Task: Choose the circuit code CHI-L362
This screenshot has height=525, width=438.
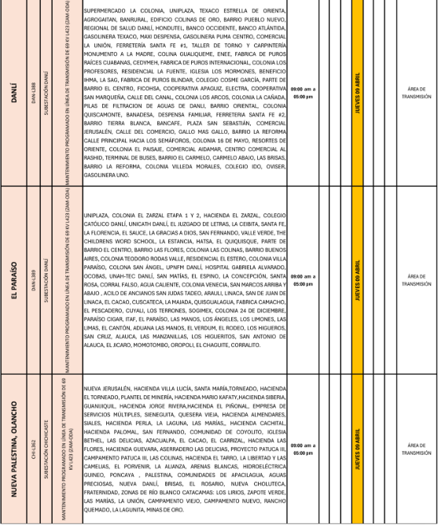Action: coord(34,448)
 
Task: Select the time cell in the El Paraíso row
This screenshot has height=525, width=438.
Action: coord(303,281)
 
